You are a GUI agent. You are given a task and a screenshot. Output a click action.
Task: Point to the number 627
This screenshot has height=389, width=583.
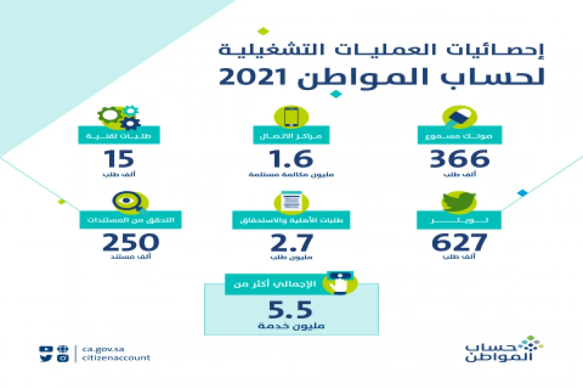coord(459,242)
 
